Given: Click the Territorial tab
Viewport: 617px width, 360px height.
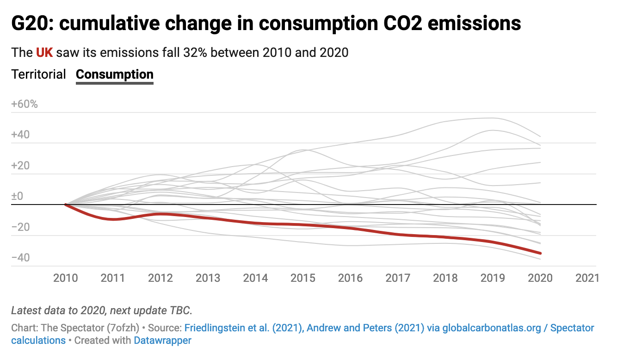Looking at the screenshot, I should click(x=39, y=74).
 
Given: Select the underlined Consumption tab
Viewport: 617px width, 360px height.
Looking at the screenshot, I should click(x=114, y=74).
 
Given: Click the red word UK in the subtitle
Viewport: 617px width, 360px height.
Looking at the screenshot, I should click(x=44, y=52).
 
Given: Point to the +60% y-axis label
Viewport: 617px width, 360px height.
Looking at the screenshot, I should click(x=24, y=104).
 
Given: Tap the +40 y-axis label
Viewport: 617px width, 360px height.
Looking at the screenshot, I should click(x=21, y=135).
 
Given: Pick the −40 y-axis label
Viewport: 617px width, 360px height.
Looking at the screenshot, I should click(x=21, y=258).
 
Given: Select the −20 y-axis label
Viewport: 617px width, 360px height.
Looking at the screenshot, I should click(x=21, y=227).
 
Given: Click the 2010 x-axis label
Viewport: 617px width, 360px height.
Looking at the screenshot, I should click(x=66, y=278).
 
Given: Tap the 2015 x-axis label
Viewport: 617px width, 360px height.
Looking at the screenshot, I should click(x=303, y=278).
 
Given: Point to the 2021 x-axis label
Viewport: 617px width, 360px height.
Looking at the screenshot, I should click(x=587, y=278).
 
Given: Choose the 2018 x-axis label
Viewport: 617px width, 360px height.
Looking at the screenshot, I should click(x=445, y=278).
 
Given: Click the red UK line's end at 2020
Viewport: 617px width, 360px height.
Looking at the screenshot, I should click(x=540, y=253).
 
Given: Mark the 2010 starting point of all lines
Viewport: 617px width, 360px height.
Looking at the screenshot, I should click(x=66, y=204).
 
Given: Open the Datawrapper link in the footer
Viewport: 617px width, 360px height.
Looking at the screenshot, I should click(x=162, y=341).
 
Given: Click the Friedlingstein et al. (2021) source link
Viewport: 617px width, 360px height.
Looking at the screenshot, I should click(x=244, y=328).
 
